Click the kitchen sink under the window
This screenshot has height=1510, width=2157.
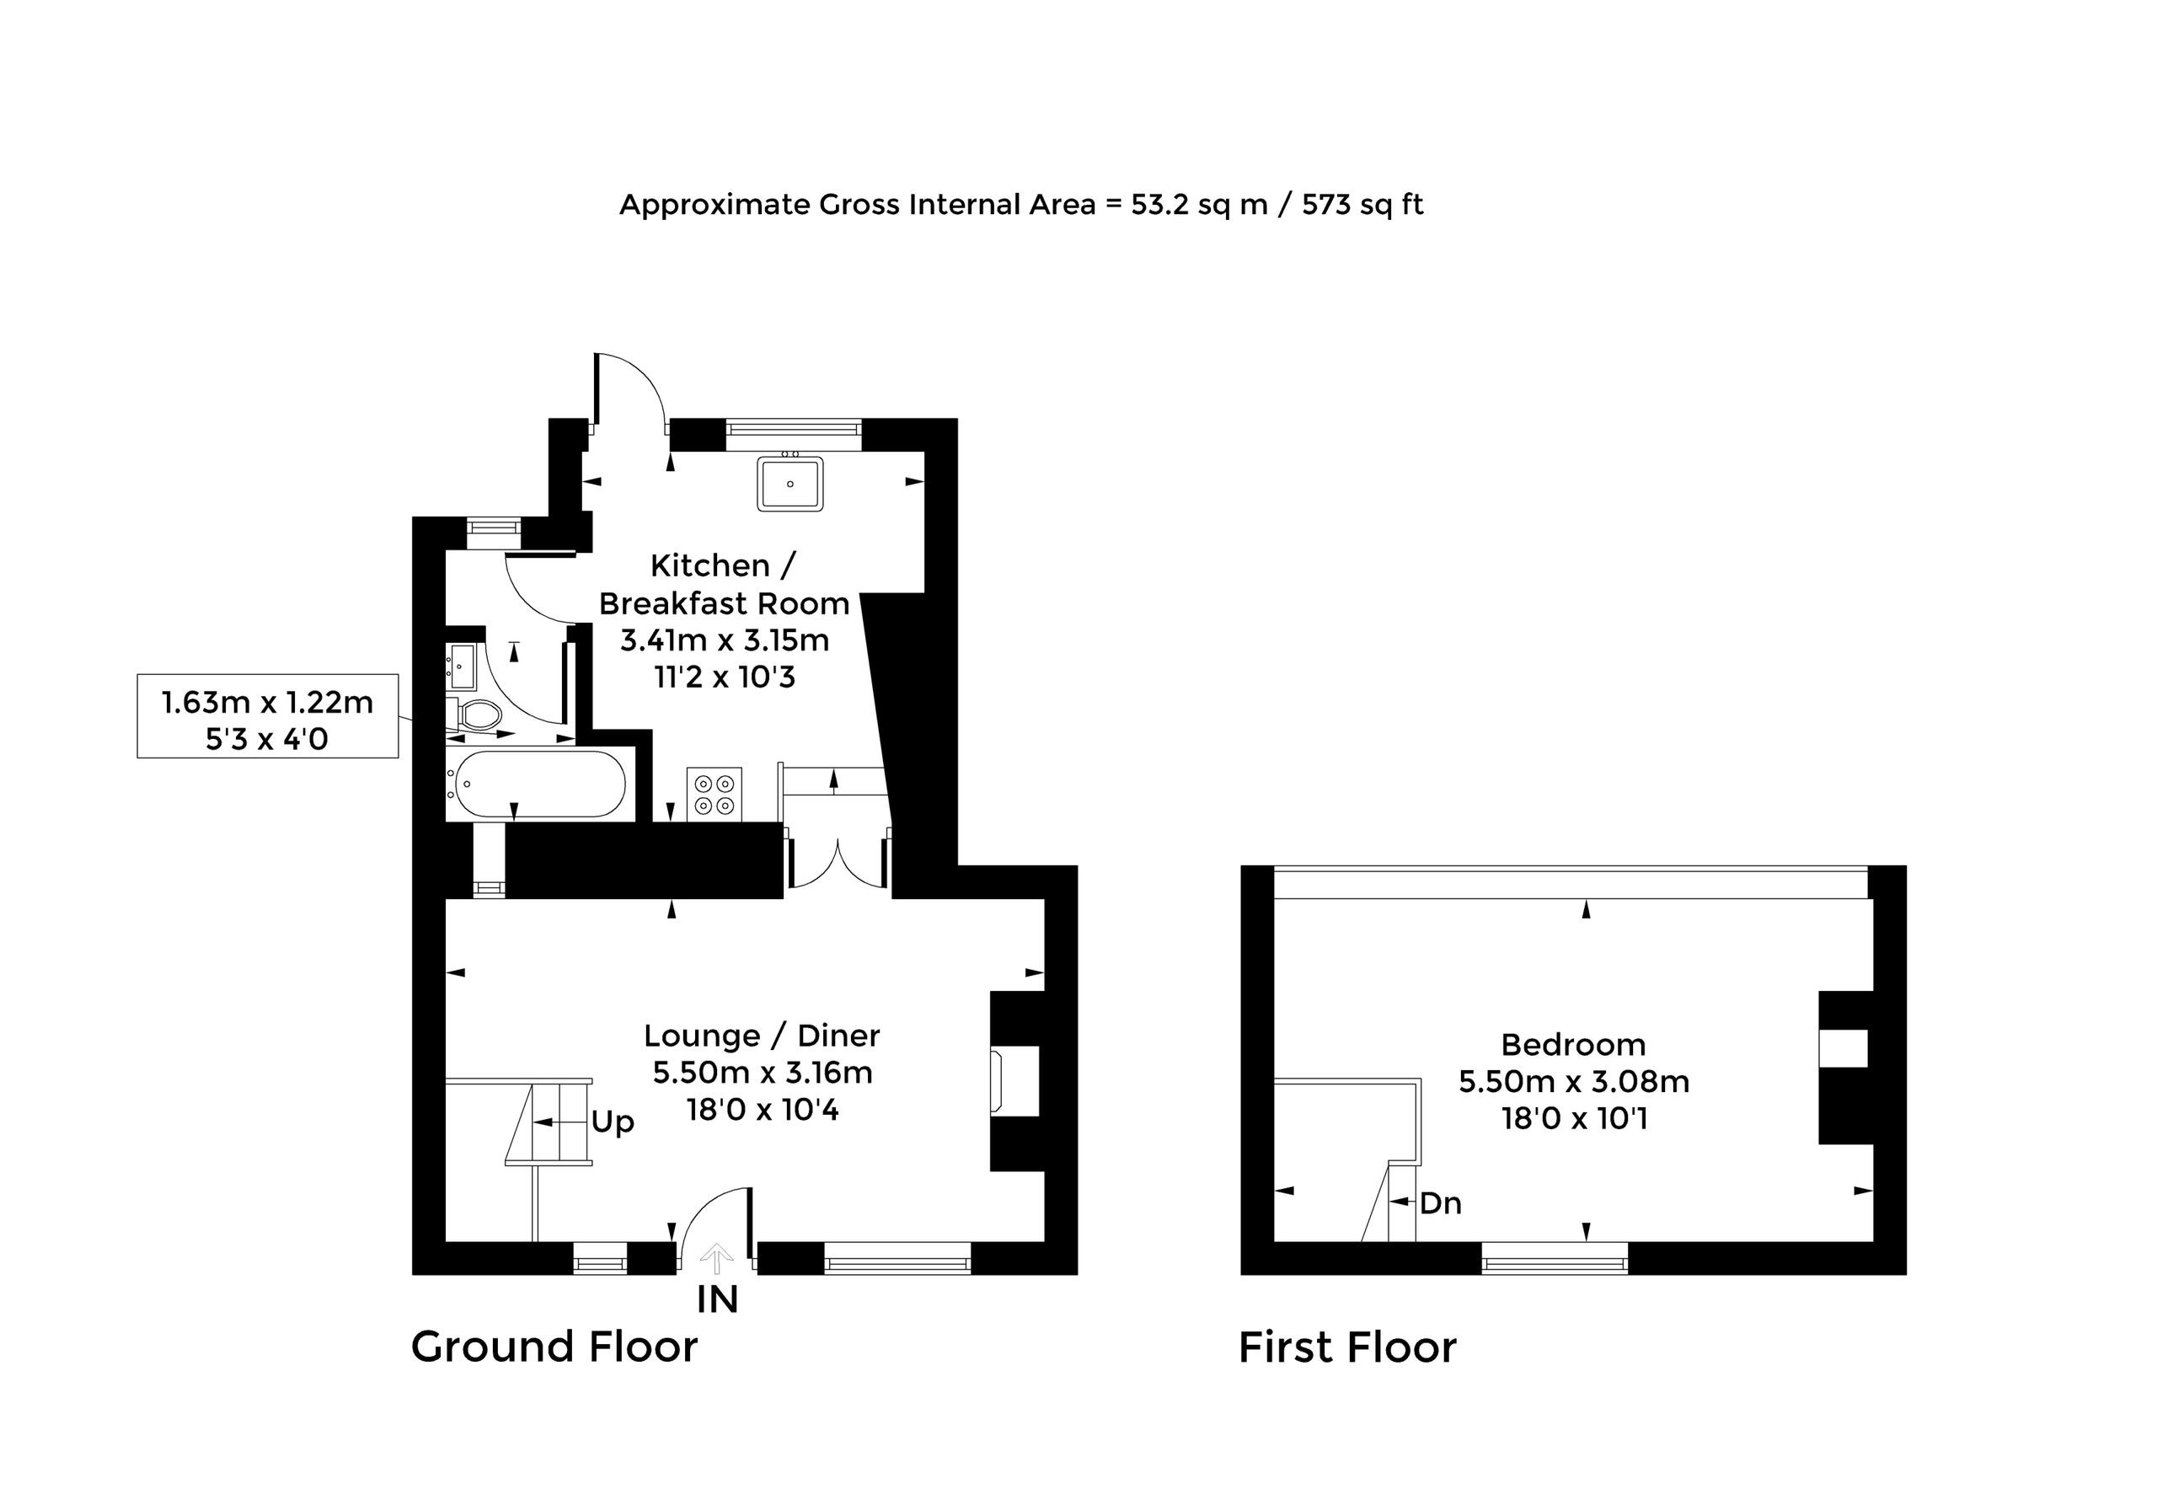pyautogui.click(x=790, y=483)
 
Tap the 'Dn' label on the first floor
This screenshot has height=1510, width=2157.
pyautogui.click(x=1440, y=1202)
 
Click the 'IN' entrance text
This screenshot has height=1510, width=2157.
pyautogui.click(x=717, y=1299)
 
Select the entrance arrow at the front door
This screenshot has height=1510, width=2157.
pyautogui.click(x=717, y=1258)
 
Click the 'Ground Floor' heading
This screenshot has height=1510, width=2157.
pyautogui.click(x=554, y=1347)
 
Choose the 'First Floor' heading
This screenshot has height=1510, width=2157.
pyautogui.click(x=1347, y=1347)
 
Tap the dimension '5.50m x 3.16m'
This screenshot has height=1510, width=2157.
pyautogui.click(x=762, y=1072)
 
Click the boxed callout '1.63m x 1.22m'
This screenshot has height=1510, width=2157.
pyautogui.click(x=268, y=702)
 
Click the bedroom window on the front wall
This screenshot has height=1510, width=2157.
pyautogui.click(x=1555, y=1258)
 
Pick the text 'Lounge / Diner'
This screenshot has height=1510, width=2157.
pyautogui.click(x=762, y=1036)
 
